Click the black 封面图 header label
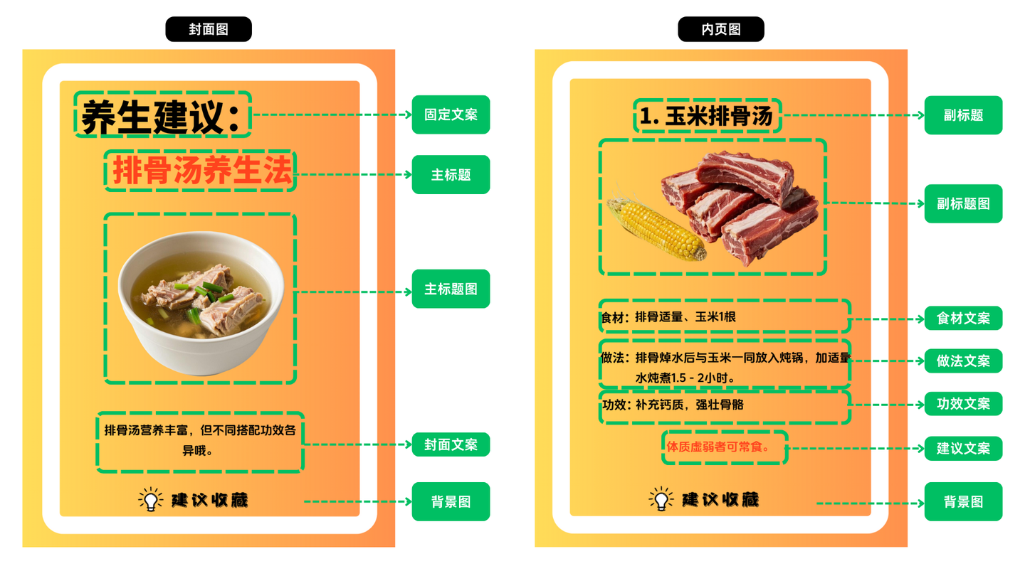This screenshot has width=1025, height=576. pos(208,29)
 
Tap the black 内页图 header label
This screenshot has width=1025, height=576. pos(720,29)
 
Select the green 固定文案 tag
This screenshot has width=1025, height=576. pos(451,114)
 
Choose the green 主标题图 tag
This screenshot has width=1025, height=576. pos(451,289)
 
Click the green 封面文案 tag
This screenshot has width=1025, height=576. pos(451,444)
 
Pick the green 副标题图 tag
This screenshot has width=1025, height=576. pos(963,203)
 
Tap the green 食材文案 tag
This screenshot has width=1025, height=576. pos(963,318)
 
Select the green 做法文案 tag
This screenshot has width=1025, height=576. pos(963,361)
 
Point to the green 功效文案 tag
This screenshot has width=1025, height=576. pos(963,404)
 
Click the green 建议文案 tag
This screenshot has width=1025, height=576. pos(963,448)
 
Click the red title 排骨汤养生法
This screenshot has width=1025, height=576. pos(202,171)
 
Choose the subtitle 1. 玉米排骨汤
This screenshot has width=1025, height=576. pos(707,116)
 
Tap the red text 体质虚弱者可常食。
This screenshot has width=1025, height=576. pos(717,447)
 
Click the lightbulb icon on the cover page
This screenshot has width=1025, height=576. pos(151,499)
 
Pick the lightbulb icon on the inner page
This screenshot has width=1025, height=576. pos(661,498)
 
